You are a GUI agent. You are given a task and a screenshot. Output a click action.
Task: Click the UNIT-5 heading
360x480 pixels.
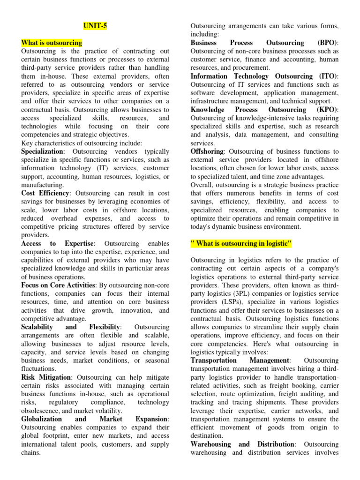(x=96, y=26)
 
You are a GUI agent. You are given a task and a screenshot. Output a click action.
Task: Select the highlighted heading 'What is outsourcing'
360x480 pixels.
(x=52, y=43)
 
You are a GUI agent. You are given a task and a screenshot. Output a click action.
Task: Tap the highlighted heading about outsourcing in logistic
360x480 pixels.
(x=241, y=243)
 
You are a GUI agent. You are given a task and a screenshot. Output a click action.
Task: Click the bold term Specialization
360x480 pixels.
(x=42, y=151)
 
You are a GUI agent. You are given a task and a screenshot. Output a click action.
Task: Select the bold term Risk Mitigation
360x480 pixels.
(x=46, y=377)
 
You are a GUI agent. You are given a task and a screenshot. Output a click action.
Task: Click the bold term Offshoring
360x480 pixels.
(x=207, y=151)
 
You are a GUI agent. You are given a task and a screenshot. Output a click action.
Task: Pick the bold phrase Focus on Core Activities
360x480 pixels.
(x=58, y=285)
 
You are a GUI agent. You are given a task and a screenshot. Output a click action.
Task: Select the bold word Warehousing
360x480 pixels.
(x=211, y=444)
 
